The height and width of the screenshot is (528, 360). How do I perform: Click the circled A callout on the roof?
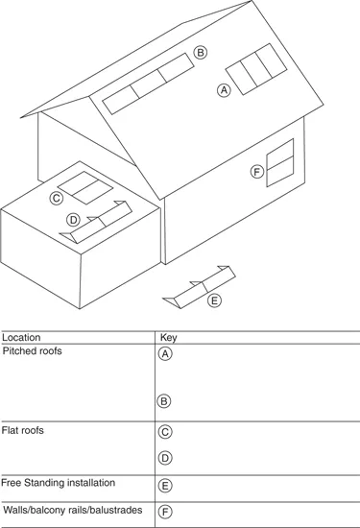(224, 90)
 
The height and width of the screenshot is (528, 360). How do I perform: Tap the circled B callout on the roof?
(201, 53)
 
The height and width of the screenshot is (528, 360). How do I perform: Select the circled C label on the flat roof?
(57, 198)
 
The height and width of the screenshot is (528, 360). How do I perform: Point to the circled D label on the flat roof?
(73, 220)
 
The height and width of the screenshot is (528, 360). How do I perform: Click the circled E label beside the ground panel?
(214, 300)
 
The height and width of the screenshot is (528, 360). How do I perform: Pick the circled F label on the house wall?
(257, 172)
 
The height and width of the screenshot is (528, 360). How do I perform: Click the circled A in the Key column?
(165, 354)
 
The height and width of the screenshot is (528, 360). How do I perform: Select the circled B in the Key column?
(164, 401)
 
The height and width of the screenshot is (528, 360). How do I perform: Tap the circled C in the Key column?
(165, 432)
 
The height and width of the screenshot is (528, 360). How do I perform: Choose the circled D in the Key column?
(165, 458)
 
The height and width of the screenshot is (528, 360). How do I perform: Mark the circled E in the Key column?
(165, 486)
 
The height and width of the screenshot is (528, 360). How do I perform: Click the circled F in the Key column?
(165, 512)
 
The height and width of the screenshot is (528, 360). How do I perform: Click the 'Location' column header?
(21, 337)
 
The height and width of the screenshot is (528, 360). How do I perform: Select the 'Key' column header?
(168, 338)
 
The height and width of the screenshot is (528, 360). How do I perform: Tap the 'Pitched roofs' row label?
(33, 350)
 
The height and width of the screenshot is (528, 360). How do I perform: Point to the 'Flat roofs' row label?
(23, 430)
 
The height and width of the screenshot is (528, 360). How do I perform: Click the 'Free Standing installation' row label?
(59, 483)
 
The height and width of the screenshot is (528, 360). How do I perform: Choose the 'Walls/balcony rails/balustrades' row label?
(73, 510)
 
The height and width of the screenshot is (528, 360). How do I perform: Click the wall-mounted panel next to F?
(280, 162)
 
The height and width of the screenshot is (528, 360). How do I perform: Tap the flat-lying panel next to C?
(85, 187)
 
